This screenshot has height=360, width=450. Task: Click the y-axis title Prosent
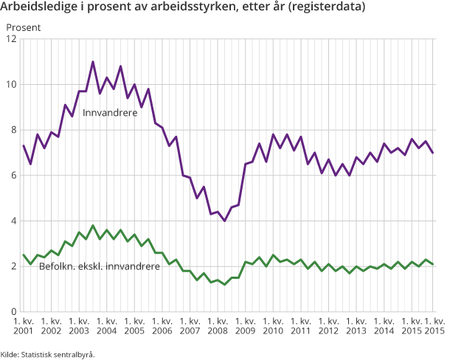pos(24,27)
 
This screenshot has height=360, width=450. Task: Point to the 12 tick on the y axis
pos(12,38)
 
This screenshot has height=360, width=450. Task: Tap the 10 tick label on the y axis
pos(12,84)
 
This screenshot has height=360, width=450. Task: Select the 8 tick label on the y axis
pos(14,130)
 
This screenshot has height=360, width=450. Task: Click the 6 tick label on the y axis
pos(14,176)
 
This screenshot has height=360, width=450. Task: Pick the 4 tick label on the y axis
pos(14,221)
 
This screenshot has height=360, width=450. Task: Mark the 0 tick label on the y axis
pos(14,312)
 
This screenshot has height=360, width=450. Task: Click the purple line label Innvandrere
pos(110,114)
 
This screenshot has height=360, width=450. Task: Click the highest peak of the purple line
pos(93,62)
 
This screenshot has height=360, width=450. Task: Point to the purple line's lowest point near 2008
pos(224,221)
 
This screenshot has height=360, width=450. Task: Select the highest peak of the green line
pos(93,225)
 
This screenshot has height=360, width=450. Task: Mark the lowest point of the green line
pos(224,284)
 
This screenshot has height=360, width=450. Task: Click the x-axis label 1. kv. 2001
pos(24,326)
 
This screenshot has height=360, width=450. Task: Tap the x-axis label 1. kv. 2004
pos(106,326)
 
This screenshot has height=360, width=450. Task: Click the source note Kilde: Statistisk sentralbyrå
pos(48,353)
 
